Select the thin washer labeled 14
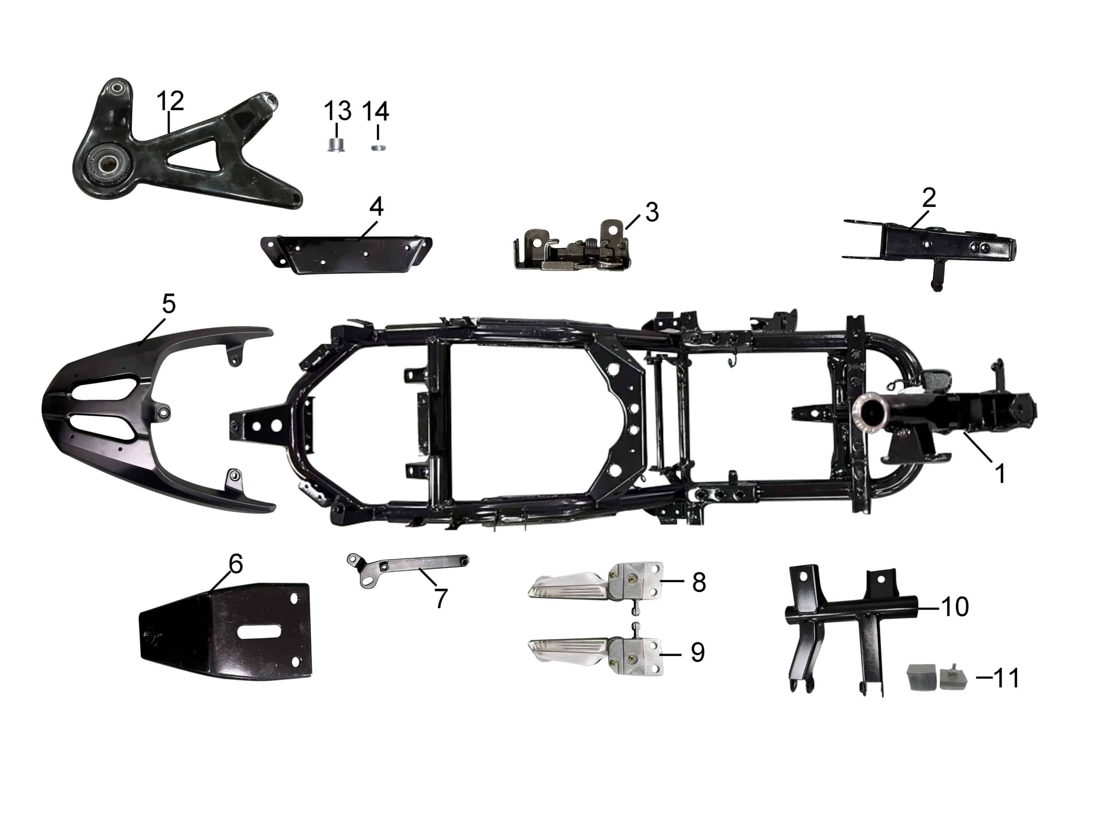[378, 147]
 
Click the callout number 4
[376, 206]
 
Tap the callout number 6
[236, 564]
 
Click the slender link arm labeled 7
[411, 566]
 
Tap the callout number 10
[955, 607]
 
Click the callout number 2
[929, 198]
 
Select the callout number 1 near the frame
[999, 473]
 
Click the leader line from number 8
[672, 581]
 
